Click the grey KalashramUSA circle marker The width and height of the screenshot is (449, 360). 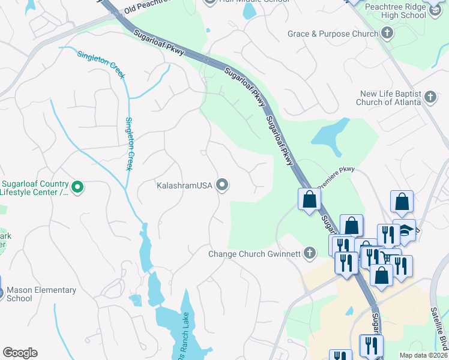[x=222, y=185]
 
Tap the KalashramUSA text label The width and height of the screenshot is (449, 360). [x=184, y=185]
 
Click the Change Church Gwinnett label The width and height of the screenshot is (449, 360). [x=255, y=253]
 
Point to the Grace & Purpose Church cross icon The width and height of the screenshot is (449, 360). [x=388, y=34]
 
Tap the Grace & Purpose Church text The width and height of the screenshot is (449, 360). [x=333, y=34]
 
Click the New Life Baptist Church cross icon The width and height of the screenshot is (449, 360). [x=430, y=97]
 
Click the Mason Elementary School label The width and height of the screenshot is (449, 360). [x=41, y=294]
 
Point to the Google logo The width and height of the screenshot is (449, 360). [x=20, y=353]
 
